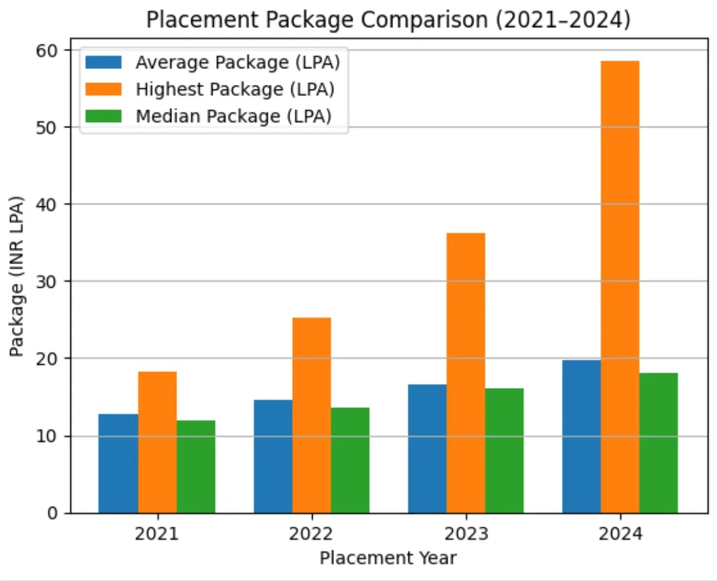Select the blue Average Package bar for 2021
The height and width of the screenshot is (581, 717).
(118, 464)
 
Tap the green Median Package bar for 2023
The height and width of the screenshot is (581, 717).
(504, 450)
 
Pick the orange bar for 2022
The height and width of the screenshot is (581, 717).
(311, 415)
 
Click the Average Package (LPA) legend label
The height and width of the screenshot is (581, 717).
(238, 62)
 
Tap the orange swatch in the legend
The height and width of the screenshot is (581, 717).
(104, 89)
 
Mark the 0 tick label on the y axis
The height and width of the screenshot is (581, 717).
(52, 513)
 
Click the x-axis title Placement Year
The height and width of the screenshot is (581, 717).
(388, 558)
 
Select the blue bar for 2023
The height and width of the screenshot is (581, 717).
(427, 448)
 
